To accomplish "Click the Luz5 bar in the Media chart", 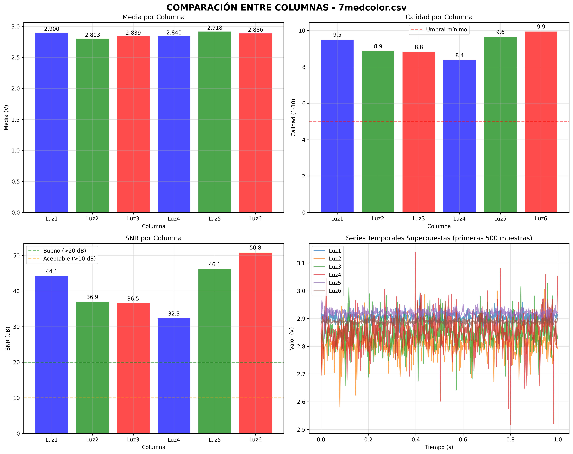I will [x=215, y=122].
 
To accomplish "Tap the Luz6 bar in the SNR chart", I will [x=255, y=343].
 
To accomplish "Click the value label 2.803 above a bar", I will [x=93, y=35].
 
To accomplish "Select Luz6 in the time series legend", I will [x=335, y=291].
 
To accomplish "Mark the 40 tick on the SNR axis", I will [x=17, y=291].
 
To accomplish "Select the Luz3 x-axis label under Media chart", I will [x=133, y=219].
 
